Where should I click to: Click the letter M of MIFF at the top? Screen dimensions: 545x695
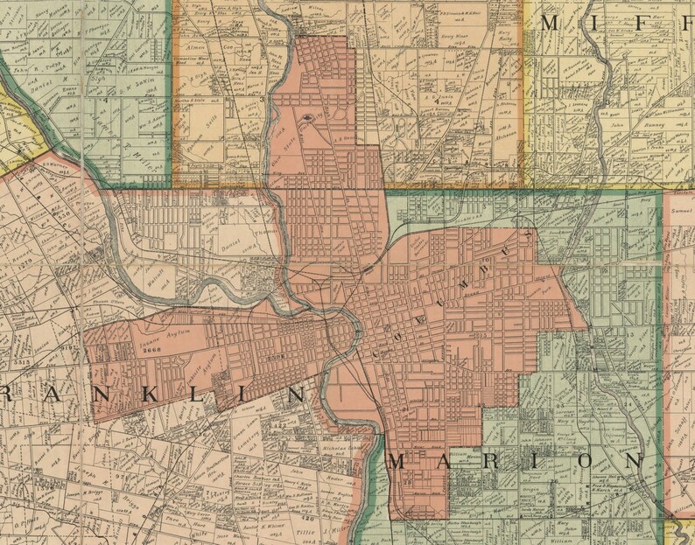[x=551, y=24]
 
